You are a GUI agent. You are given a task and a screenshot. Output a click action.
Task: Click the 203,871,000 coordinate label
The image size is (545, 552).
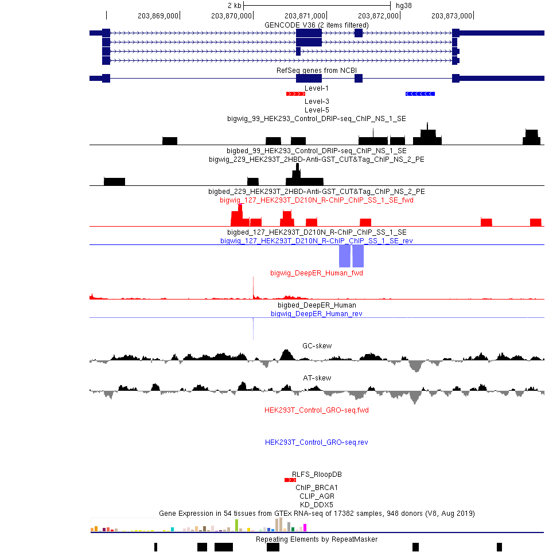305,16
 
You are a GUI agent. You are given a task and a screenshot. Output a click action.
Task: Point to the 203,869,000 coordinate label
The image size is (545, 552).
158,16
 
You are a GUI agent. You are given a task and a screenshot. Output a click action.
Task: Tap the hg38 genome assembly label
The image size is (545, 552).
403,6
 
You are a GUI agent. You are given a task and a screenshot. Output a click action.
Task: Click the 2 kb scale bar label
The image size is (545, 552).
235,6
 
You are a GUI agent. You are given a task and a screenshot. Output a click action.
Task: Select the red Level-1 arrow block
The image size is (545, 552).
296,94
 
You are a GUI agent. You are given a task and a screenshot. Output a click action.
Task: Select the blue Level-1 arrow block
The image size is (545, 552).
420,94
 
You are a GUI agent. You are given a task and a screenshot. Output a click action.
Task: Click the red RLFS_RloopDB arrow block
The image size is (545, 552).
290,480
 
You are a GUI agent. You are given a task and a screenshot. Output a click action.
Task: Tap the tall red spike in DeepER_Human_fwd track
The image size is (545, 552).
253,287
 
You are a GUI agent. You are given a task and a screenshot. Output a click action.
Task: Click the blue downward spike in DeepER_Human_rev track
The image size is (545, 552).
253,329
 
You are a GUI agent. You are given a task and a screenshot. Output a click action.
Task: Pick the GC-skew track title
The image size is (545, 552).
317,345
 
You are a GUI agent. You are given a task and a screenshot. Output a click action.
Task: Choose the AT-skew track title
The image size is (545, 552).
317,378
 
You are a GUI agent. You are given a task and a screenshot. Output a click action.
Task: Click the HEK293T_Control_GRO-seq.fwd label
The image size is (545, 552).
317,410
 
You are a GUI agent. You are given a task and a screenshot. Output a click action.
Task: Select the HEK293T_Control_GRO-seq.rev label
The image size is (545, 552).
317,442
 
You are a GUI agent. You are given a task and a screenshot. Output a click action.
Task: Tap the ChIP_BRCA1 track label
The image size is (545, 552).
317,488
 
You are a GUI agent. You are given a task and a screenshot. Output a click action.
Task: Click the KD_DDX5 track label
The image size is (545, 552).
317,505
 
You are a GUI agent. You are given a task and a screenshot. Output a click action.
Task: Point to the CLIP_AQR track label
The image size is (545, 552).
317,496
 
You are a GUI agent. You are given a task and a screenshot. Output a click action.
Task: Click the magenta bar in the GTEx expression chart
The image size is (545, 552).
305,527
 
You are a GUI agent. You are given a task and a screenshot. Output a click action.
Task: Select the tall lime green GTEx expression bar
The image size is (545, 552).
236,525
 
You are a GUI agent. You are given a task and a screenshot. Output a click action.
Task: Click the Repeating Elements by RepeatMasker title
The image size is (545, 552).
317,539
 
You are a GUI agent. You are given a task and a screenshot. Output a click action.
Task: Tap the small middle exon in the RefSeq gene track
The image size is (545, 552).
359,78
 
